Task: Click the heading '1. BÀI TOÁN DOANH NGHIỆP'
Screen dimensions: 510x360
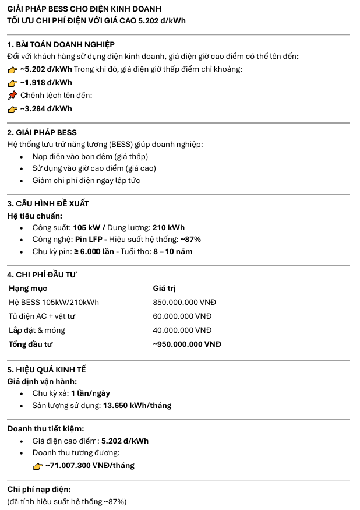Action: click(61, 44)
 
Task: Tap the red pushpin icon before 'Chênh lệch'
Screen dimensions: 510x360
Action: click(12, 96)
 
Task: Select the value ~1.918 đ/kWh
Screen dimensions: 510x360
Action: click(46, 82)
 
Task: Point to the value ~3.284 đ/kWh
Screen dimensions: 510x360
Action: click(46, 108)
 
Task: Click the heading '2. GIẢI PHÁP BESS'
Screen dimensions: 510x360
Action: click(42, 132)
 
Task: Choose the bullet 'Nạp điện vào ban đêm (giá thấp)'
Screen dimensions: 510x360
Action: click(90, 156)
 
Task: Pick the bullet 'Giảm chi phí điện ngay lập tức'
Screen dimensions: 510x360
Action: click(86, 180)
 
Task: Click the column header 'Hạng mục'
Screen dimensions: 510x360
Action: click(28, 288)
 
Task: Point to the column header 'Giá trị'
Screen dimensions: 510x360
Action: click(164, 288)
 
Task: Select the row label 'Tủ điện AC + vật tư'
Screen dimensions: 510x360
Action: click(42, 316)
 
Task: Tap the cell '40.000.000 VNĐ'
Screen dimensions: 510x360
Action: click(182, 330)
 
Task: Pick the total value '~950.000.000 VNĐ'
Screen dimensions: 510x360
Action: click(186, 344)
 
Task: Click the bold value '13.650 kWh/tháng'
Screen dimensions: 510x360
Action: click(137, 405)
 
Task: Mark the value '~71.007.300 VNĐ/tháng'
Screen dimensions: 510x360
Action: click(90, 465)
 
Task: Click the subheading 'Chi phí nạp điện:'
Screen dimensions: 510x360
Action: click(39, 489)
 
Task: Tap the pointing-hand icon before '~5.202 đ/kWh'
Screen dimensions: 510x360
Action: click(12, 69)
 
